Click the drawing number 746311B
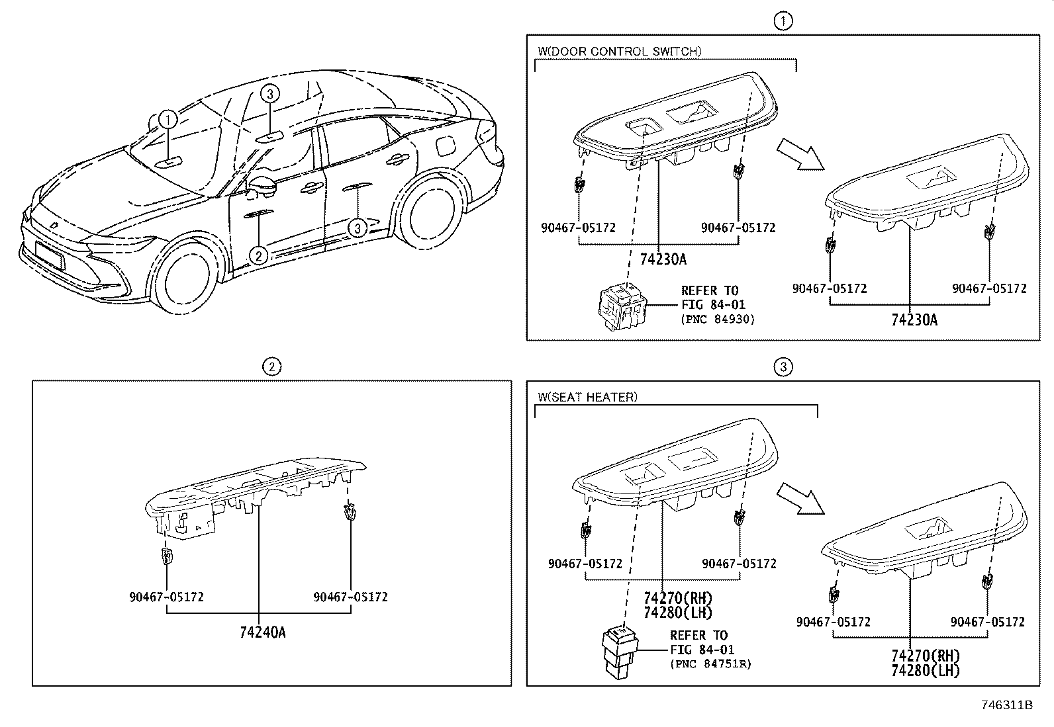pyautogui.click(x=1006, y=705)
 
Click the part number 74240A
pyautogui.click(x=263, y=632)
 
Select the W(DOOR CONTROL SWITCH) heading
pyautogui.click(x=619, y=51)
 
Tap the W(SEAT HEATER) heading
pyautogui.click(x=587, y=397)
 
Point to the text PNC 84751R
pyautogui.click(x=710, y=663)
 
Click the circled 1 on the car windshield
pyautogui.click(x=169, y=120)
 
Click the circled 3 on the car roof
pyautogui.click(x=270, y=94)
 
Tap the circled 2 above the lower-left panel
pyautogui.click(x=271, y=366)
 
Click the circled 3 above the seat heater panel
pyautogui.click(x=783, y=366)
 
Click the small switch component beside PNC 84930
pyautogui.click(x=620, y=306)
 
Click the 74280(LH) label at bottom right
pyautogui.click(x=925, y=670)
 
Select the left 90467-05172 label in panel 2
pyautogui.click(x=166, y=597)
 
